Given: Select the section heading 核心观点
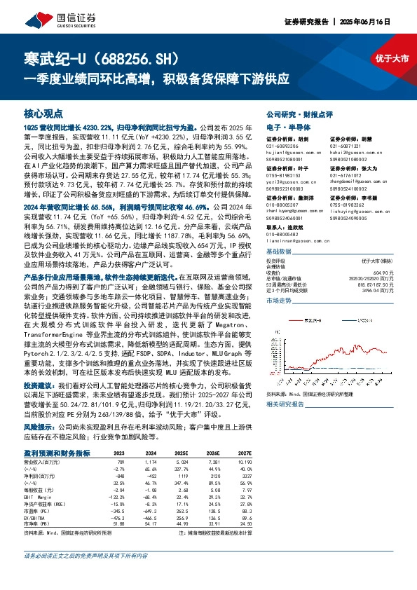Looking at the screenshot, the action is point(42,113).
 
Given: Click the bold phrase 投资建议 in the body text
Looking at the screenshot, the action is point(37,386).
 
